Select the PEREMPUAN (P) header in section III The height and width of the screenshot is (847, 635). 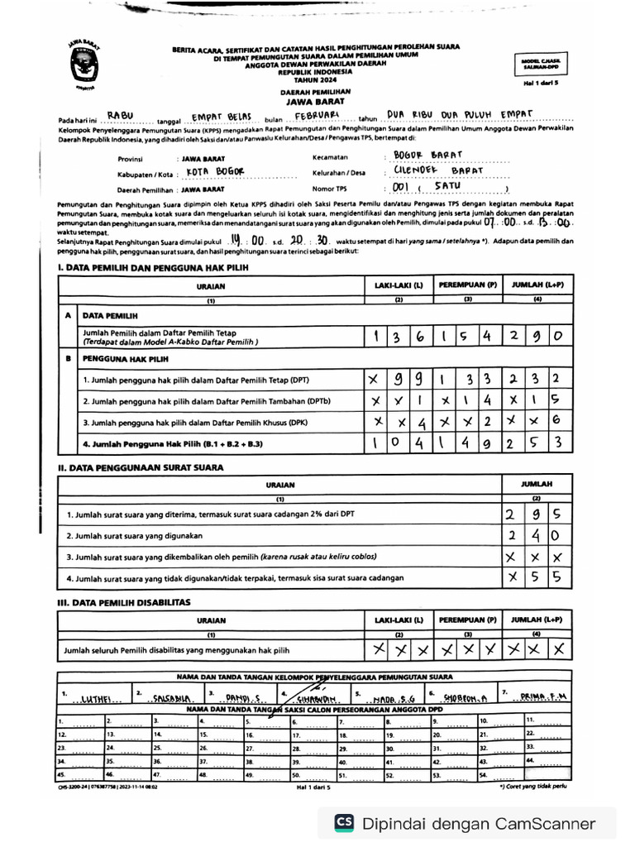pos(467,620)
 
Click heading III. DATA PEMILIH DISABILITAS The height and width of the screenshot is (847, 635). pos(124,602)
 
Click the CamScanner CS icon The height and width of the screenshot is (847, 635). pos(344,823)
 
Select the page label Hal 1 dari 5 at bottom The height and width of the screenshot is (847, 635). pos(313,787)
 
